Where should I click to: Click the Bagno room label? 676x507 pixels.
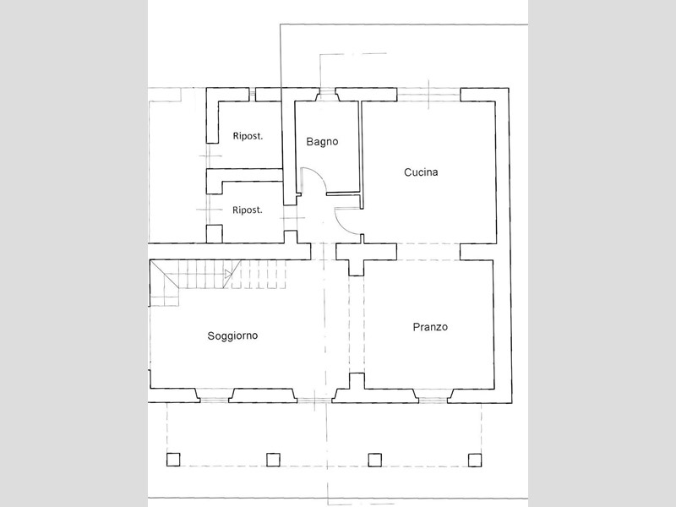click(322, 141)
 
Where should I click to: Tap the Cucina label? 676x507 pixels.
click(421, 172)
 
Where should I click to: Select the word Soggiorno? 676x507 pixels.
click(233, 335)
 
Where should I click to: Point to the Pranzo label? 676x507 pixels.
click(430, 327)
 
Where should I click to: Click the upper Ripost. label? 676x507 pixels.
click(248, 136)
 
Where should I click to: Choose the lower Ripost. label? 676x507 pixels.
click(248, 210)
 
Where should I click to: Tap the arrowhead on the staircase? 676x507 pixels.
click(228, 273)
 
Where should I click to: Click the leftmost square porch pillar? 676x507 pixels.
click(173, 460)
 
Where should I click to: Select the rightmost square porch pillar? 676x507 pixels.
click(475, 460)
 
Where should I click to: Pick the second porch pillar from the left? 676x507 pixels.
click(273, 460)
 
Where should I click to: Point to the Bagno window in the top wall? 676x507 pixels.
click(327, 94)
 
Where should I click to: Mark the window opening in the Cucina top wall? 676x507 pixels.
click(429, 95)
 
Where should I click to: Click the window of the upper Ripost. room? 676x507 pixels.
click(252, 95)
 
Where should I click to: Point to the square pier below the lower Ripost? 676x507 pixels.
click(215, 234)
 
